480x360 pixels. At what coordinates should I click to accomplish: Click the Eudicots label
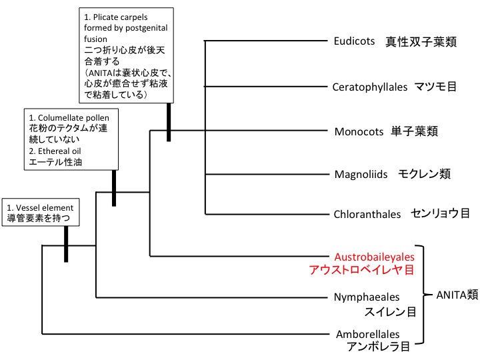coord(355,41)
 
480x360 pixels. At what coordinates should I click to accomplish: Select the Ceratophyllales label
coord(370,87)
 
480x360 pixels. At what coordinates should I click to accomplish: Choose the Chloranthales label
coord(367,214)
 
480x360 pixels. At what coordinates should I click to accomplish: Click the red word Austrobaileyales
coord(374,256)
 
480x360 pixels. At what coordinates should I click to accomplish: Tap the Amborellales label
coord(367,334)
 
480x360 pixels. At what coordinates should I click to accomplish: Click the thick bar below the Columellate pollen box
coord(115,188)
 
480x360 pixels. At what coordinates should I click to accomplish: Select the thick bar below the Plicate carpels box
coord(169,121)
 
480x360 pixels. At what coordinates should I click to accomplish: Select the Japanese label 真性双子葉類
coord(420,42)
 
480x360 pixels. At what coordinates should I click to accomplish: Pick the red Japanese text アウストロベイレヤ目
coord(361,270)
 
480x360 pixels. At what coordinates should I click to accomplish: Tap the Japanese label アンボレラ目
coord(377,347)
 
